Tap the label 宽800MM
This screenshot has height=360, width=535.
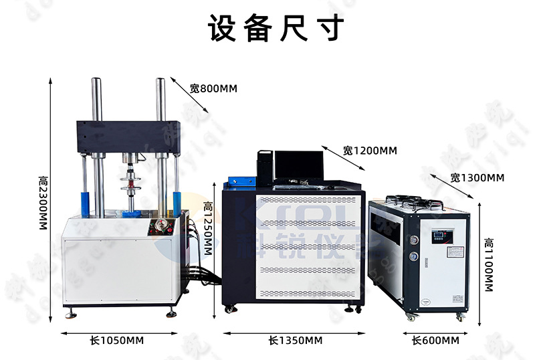[x=213, y=88]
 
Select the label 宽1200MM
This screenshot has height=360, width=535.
[x=369, y=151]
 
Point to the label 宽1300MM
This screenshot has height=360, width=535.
[x=477, y=177]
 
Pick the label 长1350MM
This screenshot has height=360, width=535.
[x=295, y=341]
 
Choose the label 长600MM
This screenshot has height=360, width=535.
[x=435, y=341]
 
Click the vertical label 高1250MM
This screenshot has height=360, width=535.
[x=208, y=232]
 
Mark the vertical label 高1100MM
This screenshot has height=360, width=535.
[x=489, y=265]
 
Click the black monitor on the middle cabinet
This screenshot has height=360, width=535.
[x=298, y=167]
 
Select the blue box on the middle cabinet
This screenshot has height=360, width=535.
[x=240, y=181]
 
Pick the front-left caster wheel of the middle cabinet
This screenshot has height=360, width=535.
[x=230, y=308]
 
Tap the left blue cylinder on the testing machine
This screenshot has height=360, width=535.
[x=85, y=201]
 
